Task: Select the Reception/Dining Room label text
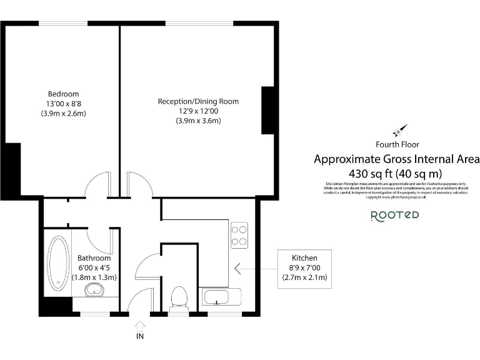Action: tap(198, 101)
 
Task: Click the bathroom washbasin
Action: tap(95, 289)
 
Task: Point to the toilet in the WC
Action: tap(179, 297)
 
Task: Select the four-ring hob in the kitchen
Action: tap(239, 236)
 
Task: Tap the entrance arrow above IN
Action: tap(139, 325)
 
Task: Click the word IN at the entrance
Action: tap(139, 337)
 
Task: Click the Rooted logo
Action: tap(395, 216)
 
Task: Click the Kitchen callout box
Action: tap(305, 268)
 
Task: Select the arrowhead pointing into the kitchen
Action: tap(238, 269)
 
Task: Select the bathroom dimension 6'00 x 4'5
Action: tap(94, 267)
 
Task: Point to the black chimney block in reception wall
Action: tap(268, 111)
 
